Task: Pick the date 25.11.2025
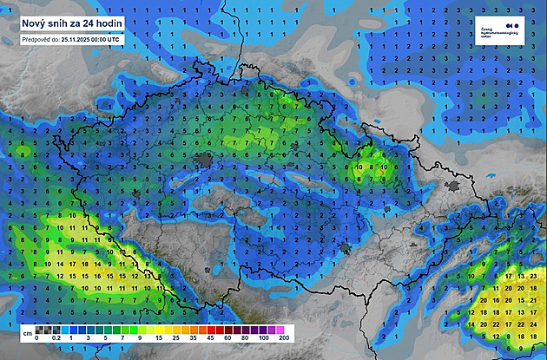tap(81, 39)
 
